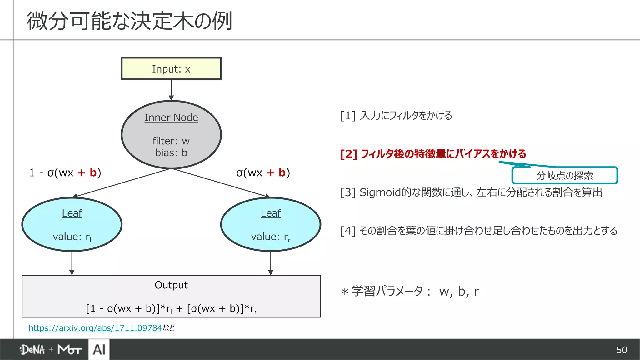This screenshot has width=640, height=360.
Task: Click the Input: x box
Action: click(x=171, y=69)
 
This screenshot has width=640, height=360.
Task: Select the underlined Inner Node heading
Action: click(x=171, y=117)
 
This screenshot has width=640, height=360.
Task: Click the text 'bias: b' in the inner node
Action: click(x=171, y=153)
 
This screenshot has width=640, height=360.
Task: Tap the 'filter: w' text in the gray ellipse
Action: click(x=171, y=141)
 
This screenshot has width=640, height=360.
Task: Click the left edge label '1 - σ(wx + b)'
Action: click(x=65, y=172)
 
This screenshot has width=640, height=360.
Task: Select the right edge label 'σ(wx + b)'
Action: click(x=263, y=172)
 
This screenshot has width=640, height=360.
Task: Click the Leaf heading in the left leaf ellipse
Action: click(x=72, y=213)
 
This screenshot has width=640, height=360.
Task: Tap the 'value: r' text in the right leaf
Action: click(x=271, y=237)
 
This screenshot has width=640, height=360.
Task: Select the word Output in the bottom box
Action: click(x=171, y=285)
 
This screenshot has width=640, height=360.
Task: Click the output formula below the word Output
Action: click(x=171, y=309)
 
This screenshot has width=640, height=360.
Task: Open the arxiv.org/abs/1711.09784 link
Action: click(x=95, y=328)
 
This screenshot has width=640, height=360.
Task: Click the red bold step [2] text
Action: click(x=433, y=154)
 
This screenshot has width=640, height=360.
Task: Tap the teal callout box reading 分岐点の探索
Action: click(x=564, y=176)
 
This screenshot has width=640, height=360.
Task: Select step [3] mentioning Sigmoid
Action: click(x=471, y=192)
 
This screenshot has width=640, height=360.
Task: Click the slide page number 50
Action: click(x=622, y=350)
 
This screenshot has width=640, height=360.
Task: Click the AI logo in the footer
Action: click(x=99, y=350)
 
